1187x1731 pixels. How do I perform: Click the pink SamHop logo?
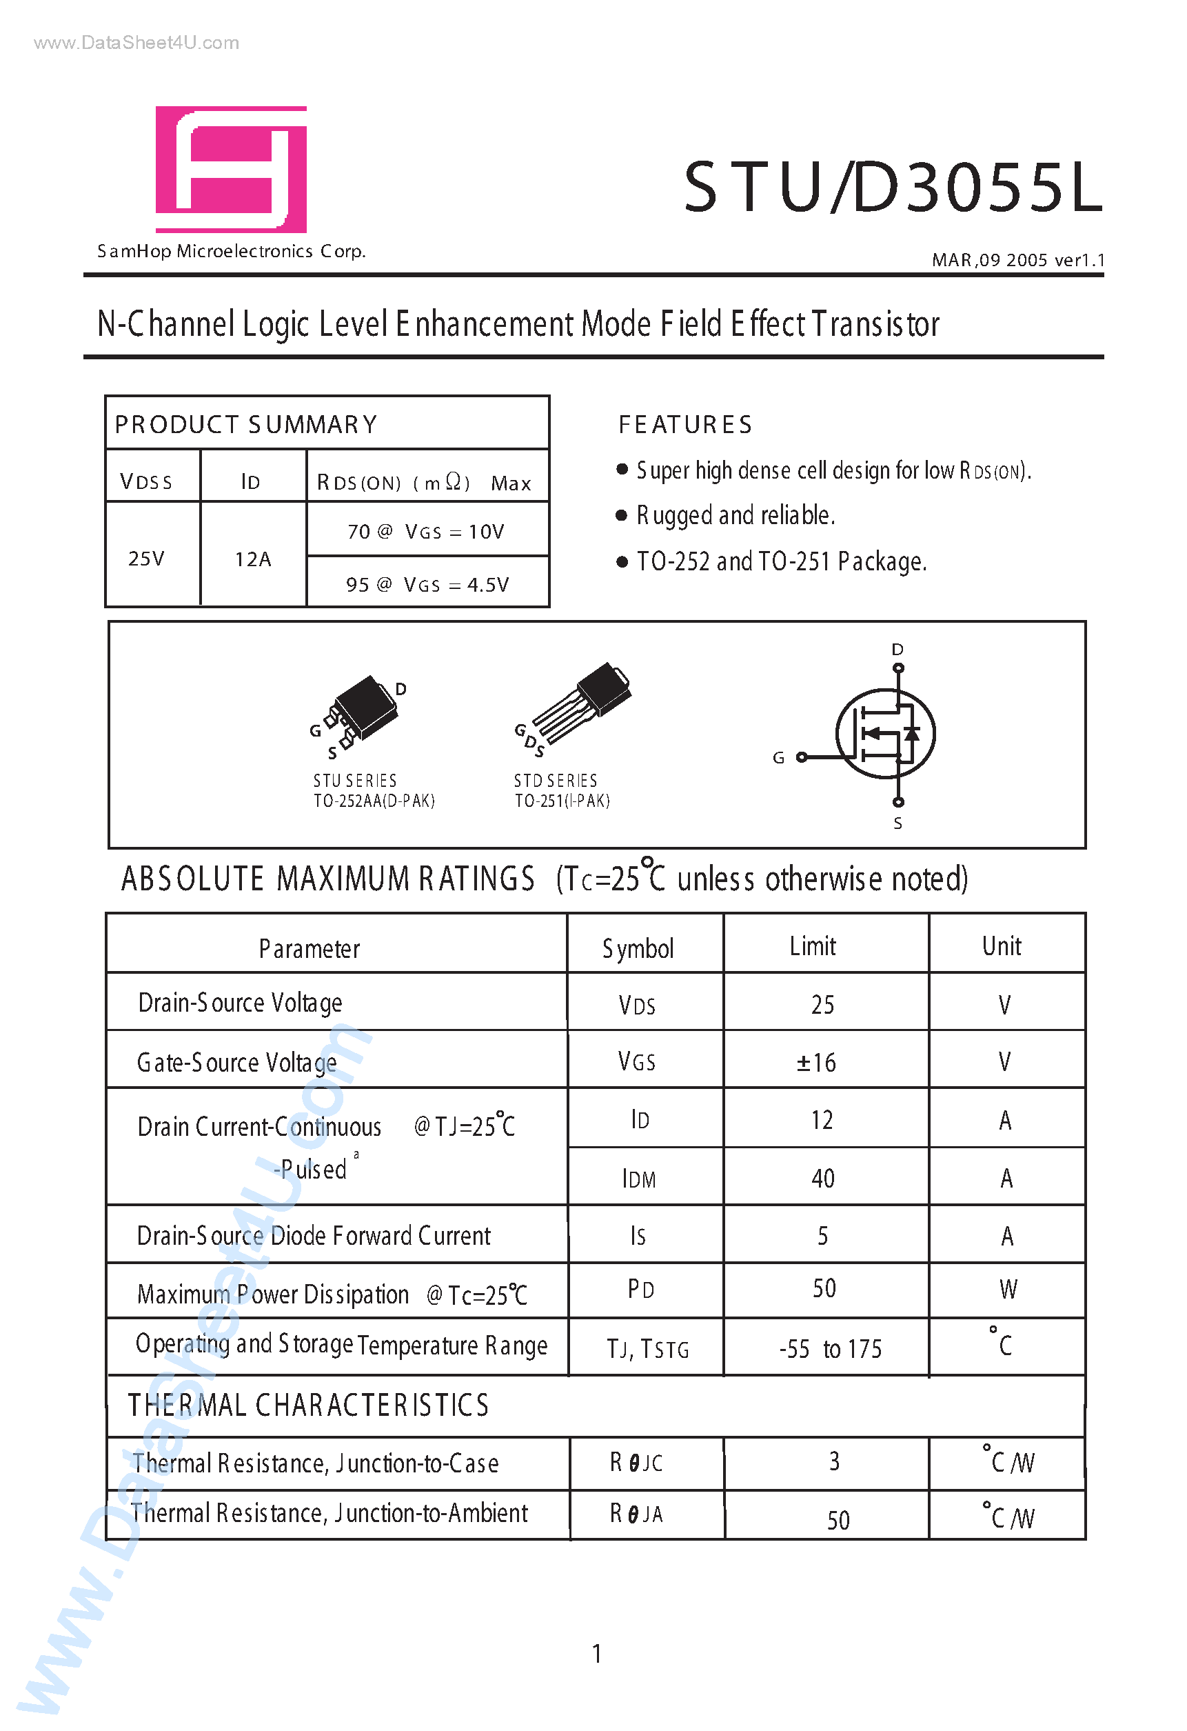pyautogui.click(x=231, y=170)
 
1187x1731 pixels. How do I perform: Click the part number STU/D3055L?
pyautogui.click(x=892, y=188)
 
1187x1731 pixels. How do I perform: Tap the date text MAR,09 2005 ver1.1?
pyautogui.click(x=1018, y=260)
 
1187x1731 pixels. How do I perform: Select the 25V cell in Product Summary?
pyautogui.click(x=147, y=559)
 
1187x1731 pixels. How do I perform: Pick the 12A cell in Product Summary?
pyautogui.click(x=253, y=559)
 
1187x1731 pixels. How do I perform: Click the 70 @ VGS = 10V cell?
pyautogui.click(x=426, y=532)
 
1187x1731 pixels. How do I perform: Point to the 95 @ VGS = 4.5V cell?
pyautogui.click(x=427, y=585)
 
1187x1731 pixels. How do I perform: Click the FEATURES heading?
pyautogui.click(x=685, y=425)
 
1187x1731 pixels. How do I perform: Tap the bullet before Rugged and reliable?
pyautogui.click(x=622, y=515)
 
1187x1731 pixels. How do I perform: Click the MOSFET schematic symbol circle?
pyautogui.click(x=885, y=734)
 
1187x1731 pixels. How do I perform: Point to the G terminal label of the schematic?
pyautogui.click(x=778, y=758)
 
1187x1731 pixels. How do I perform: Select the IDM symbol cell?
pyautogui.click(x=639, y=1179)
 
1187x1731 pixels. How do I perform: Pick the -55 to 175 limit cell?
pyautogui.click(x=829, y=1349)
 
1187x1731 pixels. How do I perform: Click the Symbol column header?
pyautogui.click(x=638, y=949)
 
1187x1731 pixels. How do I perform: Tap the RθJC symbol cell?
pyautogui.click(x=636, y=1463)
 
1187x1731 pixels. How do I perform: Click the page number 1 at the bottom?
pyautogui.click(x=596, y=1654)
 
